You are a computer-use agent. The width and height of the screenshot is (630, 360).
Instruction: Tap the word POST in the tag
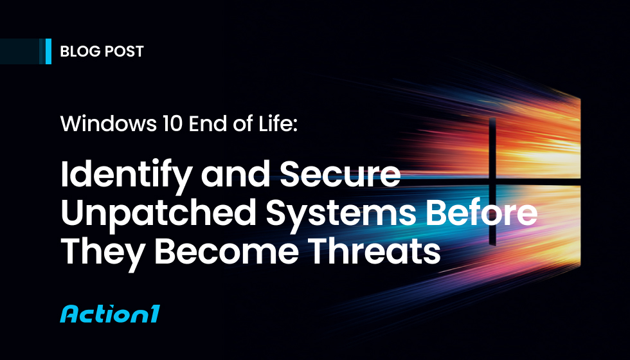(123, 51)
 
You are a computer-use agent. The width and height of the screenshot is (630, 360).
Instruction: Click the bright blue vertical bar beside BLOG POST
(49, 51)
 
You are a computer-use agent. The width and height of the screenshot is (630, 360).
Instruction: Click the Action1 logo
(109, 314)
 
